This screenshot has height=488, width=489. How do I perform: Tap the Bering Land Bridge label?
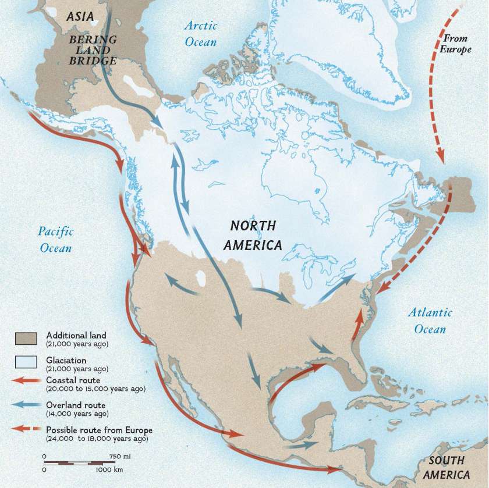[93, 50]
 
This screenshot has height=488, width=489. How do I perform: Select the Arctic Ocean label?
[200, 33]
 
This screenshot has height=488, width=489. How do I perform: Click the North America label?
[253, 235]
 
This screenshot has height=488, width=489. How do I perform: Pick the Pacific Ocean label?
[56, 240]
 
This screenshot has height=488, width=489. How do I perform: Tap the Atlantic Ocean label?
[430, 320]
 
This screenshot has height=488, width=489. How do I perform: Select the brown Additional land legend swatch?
[25, 337]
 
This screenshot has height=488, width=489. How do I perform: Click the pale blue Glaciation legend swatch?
[25, 362]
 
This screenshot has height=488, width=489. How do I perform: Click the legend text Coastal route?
[73, 380]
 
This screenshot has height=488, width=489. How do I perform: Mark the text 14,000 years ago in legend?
[77, 414]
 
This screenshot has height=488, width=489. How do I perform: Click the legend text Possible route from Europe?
[99, 430]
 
